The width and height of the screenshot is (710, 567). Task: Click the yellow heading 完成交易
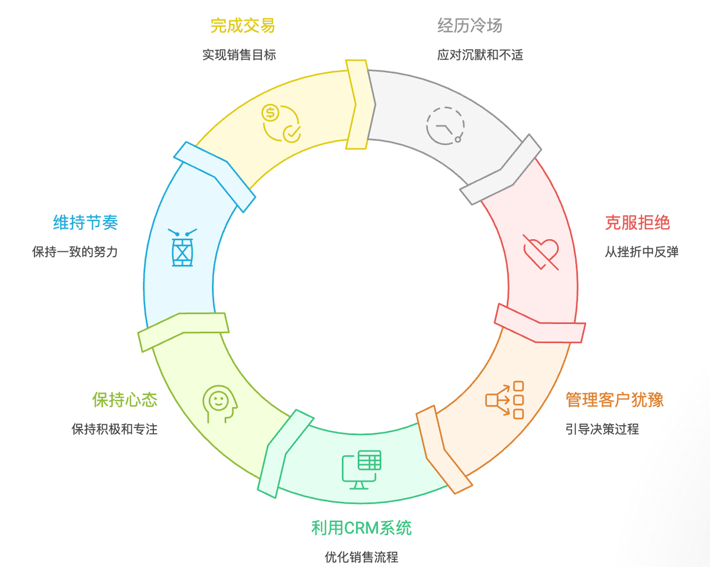(x=243, y=25)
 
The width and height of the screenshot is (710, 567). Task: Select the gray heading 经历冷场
(x=470, y=25)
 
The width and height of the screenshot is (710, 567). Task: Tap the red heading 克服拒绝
(x=637, y=222)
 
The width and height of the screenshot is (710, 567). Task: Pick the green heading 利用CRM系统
(x=361, y=527)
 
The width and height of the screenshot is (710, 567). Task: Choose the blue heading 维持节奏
(x=86, y=222)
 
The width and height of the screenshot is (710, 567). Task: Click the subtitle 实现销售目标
(x=239, y=55)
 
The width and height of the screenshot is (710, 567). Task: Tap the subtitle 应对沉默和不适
(x=480, y=55)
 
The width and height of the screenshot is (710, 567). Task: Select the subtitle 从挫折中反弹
(x=641, y=252)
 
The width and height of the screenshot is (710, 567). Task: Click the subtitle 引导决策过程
(x=602, y=429)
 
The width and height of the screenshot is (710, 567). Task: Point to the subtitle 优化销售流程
(x=361, y=557)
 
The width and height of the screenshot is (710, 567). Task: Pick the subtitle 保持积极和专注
(x=115, y=429)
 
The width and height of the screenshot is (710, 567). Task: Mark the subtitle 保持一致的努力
(x=75, y=252)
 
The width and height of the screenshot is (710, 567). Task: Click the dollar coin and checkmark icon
(x=281, y=122)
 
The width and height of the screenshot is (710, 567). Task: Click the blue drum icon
(x=182, y=248)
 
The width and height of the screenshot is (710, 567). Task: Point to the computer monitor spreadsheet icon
(x=361, y=469)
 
